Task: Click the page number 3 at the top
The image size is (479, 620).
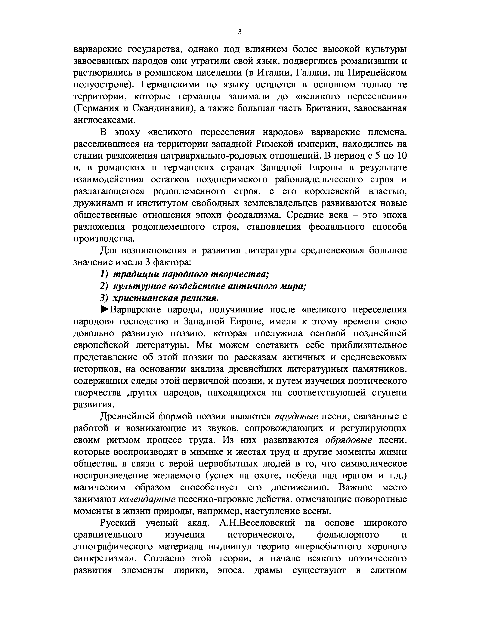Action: [x=240, y=32]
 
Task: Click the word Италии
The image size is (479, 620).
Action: [x=272, y=73]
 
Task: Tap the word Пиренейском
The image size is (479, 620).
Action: [x=377, y=73]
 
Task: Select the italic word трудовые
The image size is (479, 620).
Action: [x=296, y=417]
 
